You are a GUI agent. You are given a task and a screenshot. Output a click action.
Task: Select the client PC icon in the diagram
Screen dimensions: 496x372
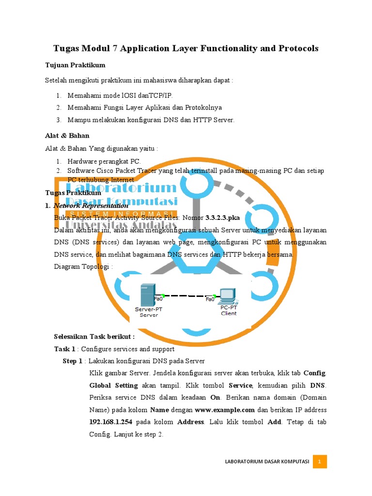point(226,295)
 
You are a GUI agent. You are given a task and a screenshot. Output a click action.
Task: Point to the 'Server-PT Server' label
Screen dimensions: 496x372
point(146,311)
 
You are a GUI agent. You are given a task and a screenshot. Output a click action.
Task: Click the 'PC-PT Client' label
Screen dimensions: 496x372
point(229,310)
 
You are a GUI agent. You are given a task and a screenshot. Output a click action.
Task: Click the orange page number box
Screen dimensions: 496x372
point(320,462)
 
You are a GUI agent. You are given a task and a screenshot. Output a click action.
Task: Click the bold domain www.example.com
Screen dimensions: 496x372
point(224,410)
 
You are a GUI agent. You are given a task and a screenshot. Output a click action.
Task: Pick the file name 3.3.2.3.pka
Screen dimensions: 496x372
point(222,217)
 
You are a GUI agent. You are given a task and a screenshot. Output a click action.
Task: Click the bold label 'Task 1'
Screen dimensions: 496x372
point(64,349)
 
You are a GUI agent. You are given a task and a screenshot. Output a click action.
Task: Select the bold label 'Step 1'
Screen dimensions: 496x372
point(73,361)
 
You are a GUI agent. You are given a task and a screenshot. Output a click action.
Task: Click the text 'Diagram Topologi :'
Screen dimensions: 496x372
point(83,266)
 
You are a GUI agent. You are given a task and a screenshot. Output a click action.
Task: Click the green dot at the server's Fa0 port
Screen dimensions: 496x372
point(163,295)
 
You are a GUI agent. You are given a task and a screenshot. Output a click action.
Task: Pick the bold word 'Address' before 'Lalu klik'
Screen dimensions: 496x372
point(190,422)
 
